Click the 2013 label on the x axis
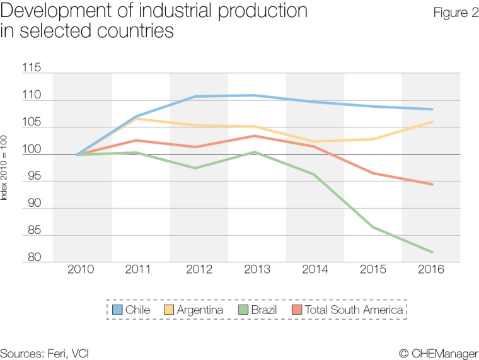click(257, 270)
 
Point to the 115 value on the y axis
click(32, 68)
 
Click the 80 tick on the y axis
click(34, 257)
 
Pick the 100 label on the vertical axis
click(32, 150)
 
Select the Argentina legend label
click(200, 310)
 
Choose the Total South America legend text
click(354, 310)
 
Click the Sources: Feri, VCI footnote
click(44, 353)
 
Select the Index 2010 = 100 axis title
click(5, 166)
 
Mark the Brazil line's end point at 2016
click(432, 252)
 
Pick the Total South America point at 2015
click(372, 173)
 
